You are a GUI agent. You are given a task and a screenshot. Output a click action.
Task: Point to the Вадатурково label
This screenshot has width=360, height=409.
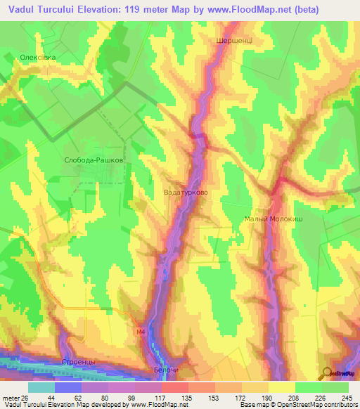tap(185, 190)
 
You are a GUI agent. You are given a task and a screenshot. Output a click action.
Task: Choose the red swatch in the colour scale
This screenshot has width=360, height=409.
tap(174, 387)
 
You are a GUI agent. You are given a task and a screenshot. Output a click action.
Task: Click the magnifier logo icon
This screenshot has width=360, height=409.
tap(327, 372)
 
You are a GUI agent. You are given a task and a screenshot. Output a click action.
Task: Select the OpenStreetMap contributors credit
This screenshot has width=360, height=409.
tap(320, 405)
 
